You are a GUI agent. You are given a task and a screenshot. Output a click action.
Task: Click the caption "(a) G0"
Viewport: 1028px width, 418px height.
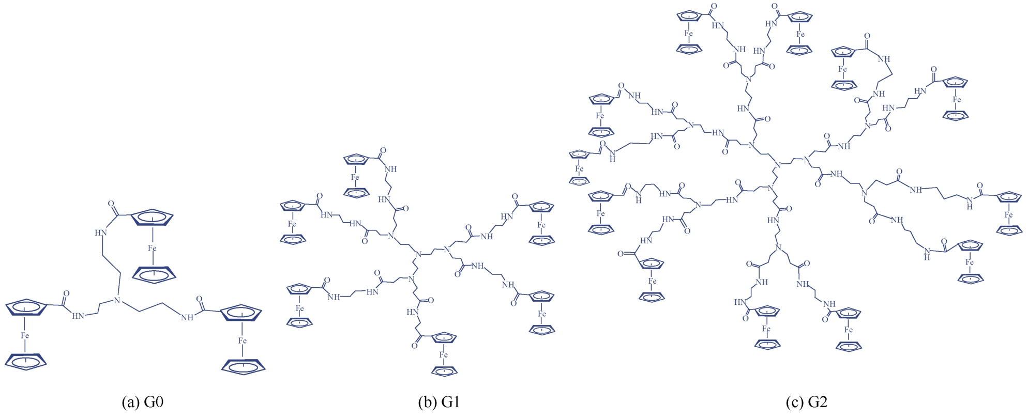[143, 402]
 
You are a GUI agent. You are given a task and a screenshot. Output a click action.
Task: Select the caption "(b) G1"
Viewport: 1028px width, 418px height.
[439, 402]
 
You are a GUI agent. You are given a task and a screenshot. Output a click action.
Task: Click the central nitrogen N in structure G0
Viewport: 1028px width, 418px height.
[116, 301]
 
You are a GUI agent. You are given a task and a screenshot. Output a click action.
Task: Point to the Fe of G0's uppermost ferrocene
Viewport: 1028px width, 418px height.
[152, 249]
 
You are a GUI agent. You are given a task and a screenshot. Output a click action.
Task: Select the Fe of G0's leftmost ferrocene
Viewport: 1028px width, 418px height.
[25, 336]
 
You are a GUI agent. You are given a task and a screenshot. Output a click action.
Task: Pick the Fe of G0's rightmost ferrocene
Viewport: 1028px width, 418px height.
[243, 341]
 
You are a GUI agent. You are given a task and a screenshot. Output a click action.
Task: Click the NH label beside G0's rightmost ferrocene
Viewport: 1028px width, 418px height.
[187, 318]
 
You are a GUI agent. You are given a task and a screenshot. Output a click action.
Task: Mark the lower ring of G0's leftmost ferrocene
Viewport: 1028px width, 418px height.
[26, 361]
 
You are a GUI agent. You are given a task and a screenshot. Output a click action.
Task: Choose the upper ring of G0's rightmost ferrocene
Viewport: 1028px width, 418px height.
[240, 313]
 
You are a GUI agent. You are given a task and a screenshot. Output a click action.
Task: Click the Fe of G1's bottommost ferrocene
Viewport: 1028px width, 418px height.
[443, 355]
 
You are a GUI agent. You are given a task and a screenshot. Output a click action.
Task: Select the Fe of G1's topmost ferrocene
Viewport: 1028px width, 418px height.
[355, 177]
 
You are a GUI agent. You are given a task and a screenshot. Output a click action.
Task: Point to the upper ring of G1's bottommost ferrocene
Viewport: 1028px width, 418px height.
[444, 338]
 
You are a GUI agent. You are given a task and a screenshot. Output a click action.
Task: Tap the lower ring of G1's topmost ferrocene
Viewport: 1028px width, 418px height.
[357, 192]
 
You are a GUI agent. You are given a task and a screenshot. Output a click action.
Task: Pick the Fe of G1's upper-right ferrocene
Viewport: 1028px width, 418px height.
[541, 225]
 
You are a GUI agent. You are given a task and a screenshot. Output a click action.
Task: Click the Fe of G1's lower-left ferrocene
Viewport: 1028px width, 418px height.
[299, 308]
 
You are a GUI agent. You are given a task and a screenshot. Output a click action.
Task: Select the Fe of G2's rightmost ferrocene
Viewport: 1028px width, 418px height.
[1008, 214]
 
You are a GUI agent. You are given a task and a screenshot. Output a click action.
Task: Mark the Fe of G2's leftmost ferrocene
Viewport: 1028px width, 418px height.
[579, 169]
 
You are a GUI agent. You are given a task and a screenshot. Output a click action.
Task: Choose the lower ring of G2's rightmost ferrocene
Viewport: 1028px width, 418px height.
[1009, 230]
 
